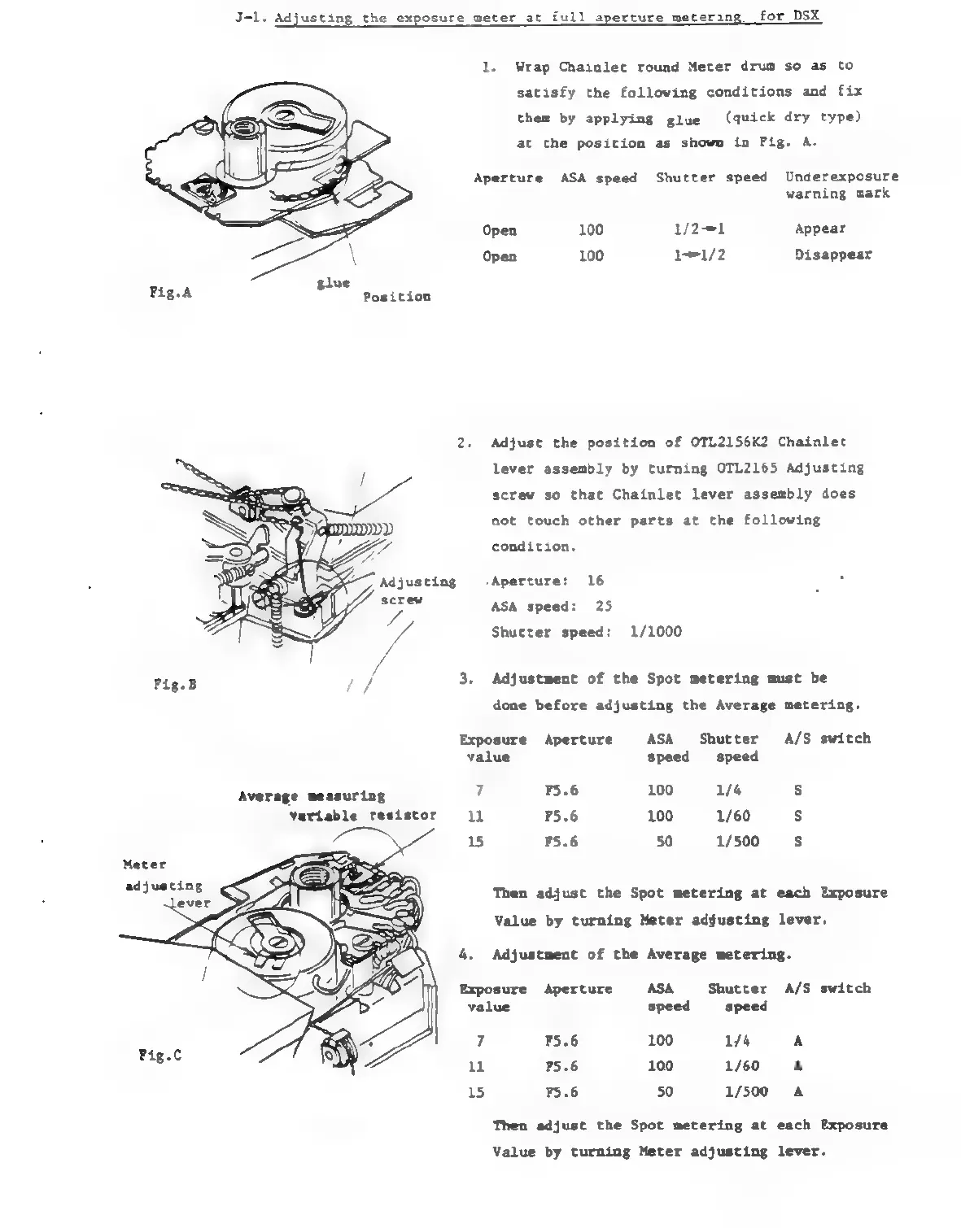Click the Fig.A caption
(171, 293)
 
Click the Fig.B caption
(175, 685)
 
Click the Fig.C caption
(160, 1055)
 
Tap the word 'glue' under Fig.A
(333, 283)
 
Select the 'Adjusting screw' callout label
(417, 590)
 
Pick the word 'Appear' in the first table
(819, 229)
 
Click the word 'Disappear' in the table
(832, 255)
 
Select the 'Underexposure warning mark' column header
(841, 185)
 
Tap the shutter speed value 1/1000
(656, 632)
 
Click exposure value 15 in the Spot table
(476, 842)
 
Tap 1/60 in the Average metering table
(741, 1066)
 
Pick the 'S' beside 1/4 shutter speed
(797, 790)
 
